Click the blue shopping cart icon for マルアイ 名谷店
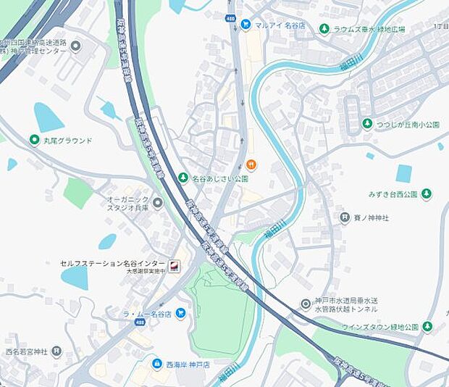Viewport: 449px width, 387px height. coord(246,24)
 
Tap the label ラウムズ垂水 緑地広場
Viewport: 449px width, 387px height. coord(379,29)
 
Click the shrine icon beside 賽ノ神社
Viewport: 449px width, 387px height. coord(345,217)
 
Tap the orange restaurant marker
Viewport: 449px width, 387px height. coord(251,164)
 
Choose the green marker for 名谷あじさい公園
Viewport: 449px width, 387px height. coord(184,178)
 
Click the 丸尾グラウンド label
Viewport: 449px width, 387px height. coord(68,140)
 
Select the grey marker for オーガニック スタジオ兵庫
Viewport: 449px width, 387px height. coord(158,203)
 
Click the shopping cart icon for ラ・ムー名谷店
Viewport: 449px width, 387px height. coord(180,313)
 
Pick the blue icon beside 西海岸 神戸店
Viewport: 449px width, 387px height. coord(156,363)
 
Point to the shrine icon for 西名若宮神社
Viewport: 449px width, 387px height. coord(56,351)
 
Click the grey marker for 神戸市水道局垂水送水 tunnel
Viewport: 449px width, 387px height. coord(306,304)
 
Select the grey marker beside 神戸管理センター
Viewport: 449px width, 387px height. coord(76,46)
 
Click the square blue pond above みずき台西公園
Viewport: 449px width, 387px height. coord(403,173)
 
